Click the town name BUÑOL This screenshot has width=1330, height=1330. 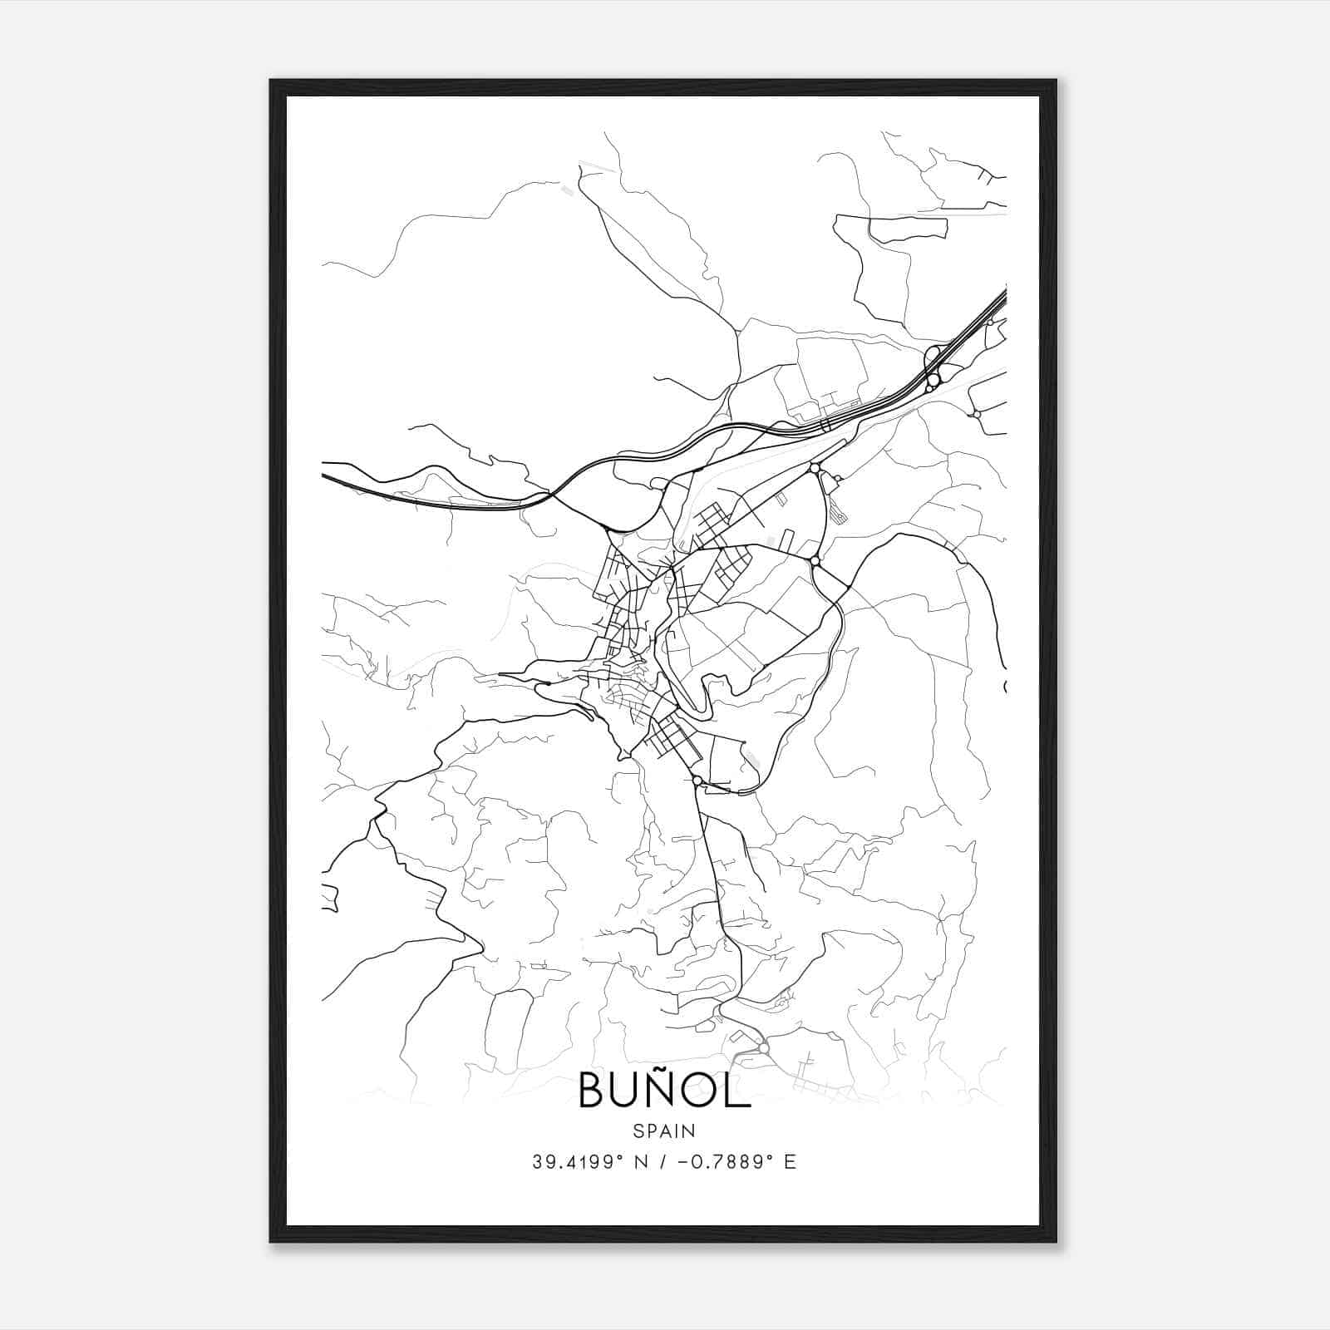664,1091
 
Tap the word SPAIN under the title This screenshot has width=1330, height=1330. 664,1130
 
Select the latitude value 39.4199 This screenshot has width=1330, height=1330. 573,1162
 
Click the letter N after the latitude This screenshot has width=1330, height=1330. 640,1162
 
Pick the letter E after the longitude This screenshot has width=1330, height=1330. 790,1162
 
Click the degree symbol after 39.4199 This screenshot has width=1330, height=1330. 619,1157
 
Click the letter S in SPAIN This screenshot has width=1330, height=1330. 637,1130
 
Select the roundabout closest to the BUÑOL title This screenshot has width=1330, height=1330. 763,1048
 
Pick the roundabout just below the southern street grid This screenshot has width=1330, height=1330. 697,780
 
